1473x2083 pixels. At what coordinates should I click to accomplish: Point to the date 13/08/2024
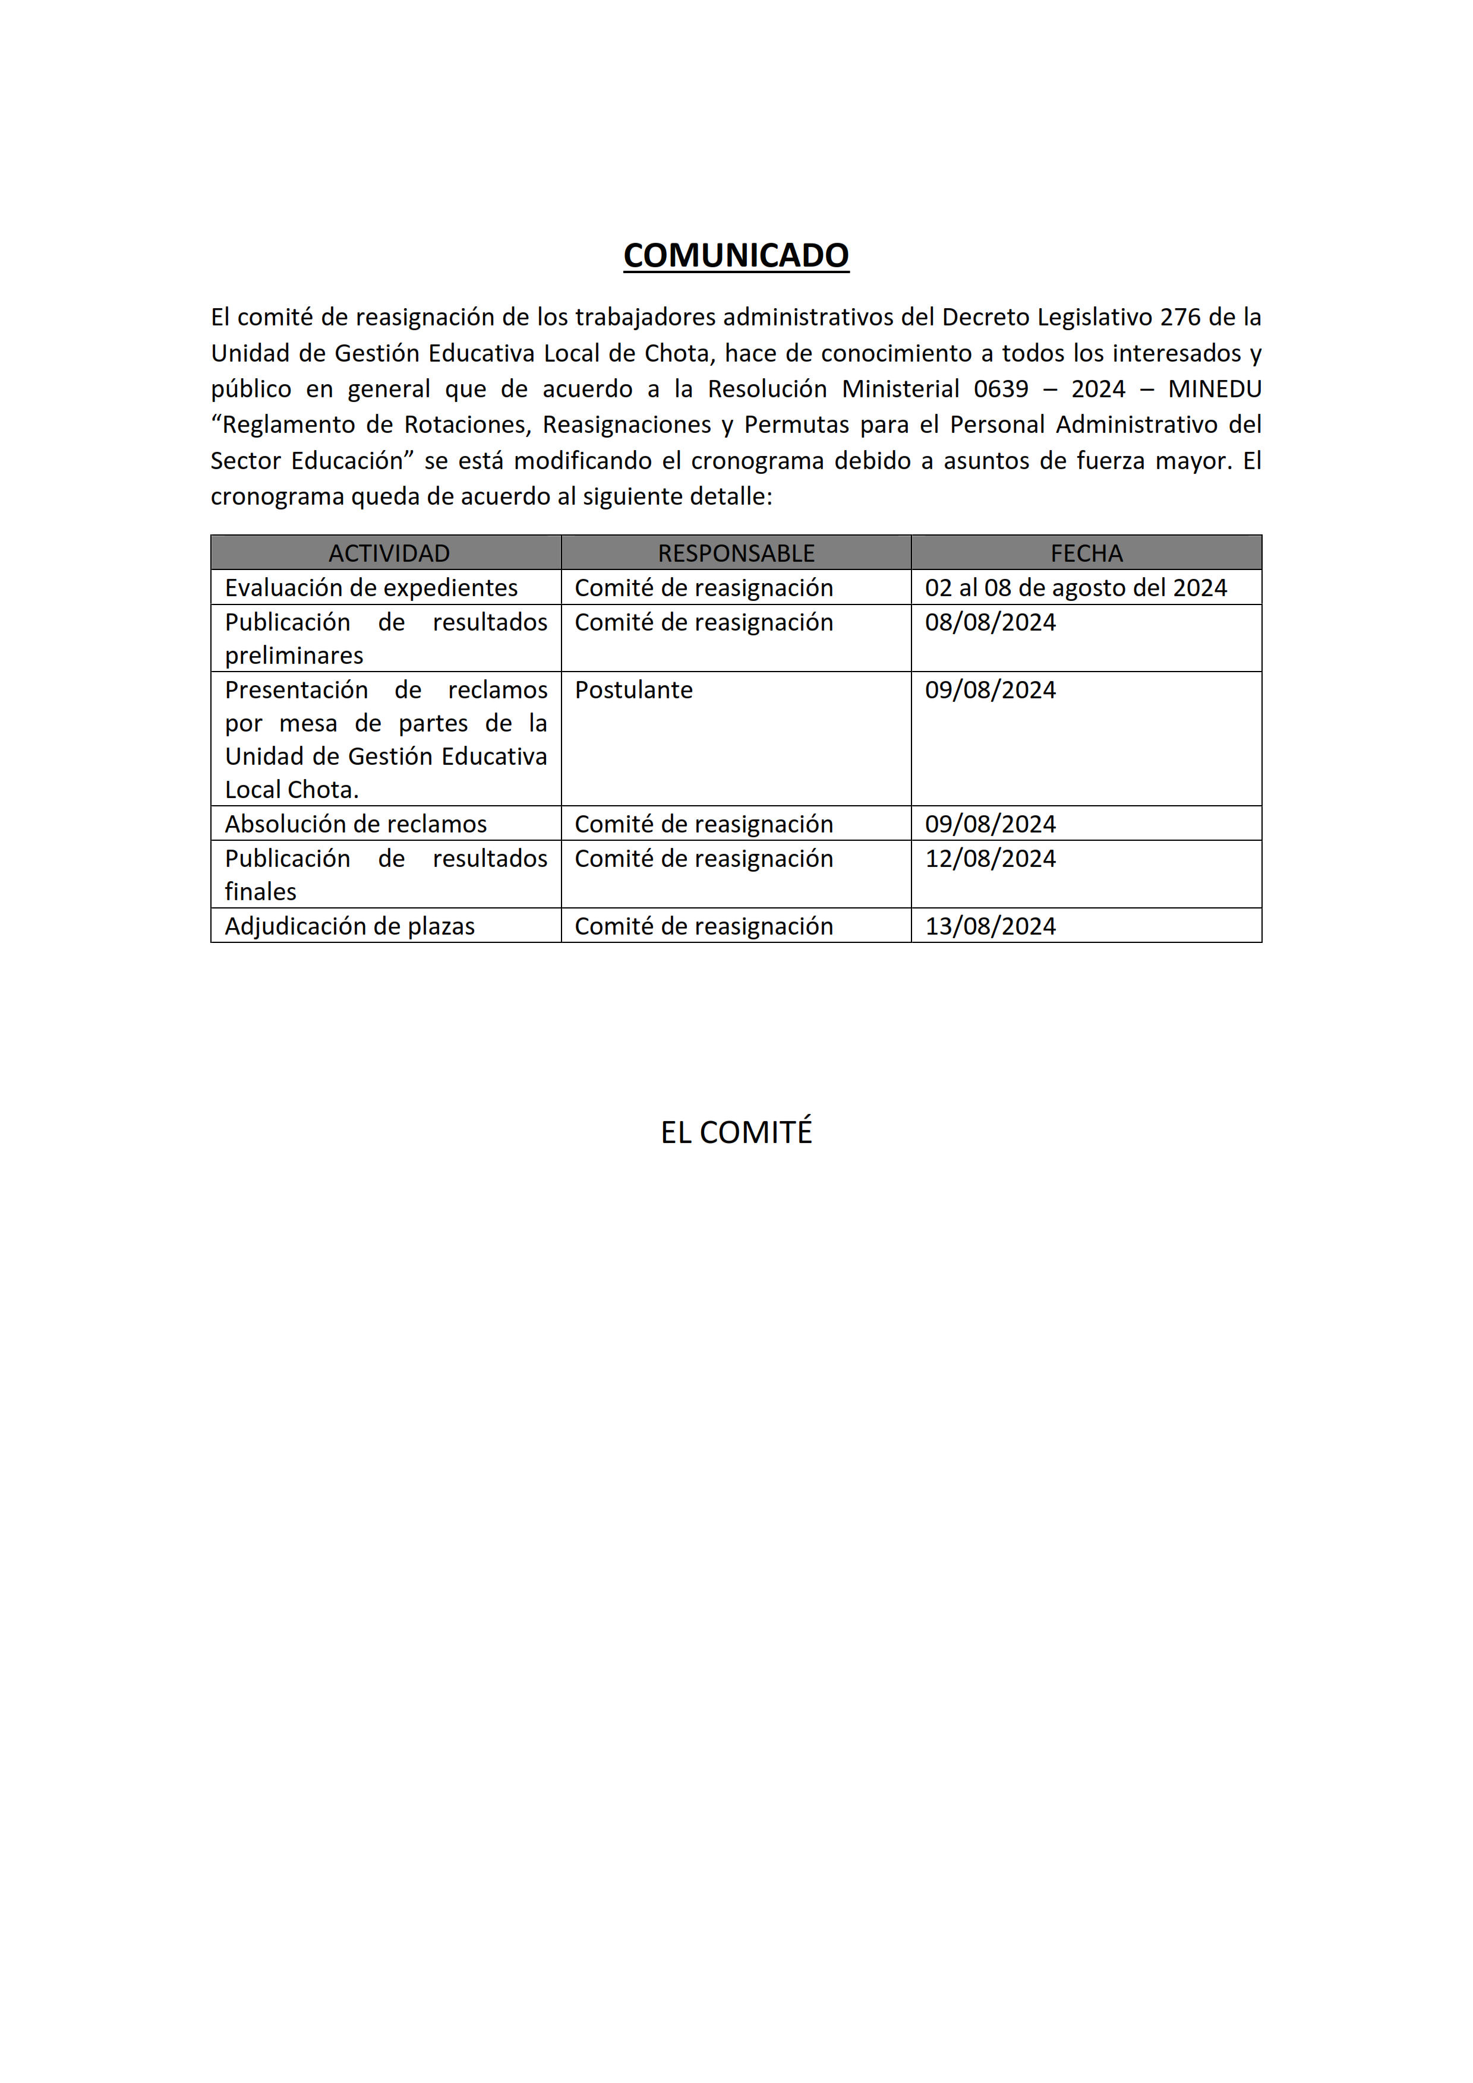tap(990, 926)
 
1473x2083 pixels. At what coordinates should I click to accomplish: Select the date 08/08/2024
tap(990, 622)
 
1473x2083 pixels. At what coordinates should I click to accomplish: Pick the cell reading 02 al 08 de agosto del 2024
tap(1075, 588)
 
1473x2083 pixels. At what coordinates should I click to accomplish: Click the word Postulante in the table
tap(633, 691)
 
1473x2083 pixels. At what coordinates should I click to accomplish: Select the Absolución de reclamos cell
tap(356, 824)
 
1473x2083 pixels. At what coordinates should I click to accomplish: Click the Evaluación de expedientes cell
tap(371, 588)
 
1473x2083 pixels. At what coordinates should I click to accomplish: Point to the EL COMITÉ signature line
tap(736, 1132)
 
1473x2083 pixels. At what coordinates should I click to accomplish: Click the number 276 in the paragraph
tap(1180, 318)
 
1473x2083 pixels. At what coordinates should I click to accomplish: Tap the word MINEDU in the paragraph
tap(1215, 389)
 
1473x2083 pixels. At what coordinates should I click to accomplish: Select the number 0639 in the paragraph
tap(1001, 389)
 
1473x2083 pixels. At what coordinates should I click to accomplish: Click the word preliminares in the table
tap(294, 656)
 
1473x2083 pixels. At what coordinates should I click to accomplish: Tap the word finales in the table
tap(260, 892)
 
